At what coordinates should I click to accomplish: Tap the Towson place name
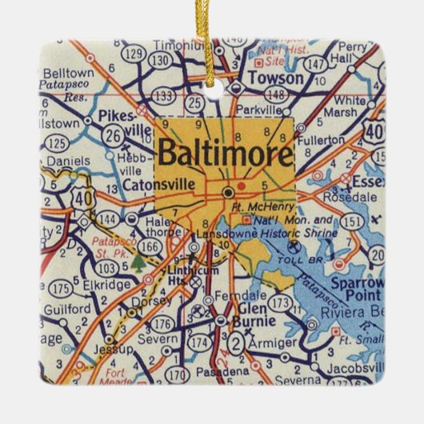point(276,78)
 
